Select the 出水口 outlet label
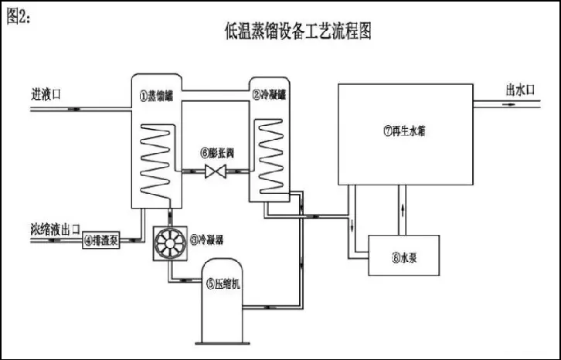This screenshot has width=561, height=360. tap(520, 90)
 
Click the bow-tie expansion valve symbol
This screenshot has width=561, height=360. tap(214, 172)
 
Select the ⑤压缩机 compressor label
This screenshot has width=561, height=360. tap(225, 284)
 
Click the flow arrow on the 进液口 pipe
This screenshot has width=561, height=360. tap(73, 110)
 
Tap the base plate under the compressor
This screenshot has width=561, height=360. tap(225, 341)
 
